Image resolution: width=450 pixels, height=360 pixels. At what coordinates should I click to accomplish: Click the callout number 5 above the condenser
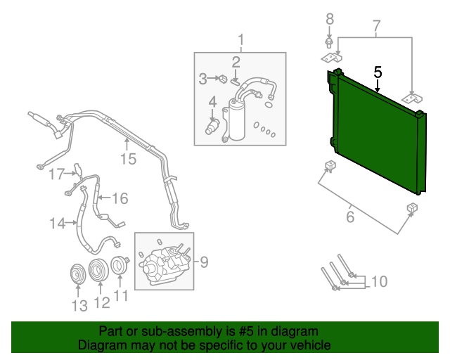tap(378, 72)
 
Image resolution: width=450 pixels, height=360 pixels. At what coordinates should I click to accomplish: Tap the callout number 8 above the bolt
tap(330, 19)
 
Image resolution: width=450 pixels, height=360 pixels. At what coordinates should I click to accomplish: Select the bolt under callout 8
tap(329, 43)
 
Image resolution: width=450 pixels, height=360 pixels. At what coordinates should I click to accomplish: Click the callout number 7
tap(376, 26)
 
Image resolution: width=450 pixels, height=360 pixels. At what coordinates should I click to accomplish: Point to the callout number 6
tap(350, 217)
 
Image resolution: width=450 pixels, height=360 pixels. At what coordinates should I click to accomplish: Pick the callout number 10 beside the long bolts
tap(380, 282)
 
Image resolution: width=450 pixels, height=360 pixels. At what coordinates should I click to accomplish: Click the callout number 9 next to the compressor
tap(204, 262)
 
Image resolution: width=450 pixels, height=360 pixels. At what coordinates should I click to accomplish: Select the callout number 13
tap(79, 305)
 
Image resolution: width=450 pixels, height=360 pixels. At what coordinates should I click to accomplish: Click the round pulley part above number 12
tap(98, 271)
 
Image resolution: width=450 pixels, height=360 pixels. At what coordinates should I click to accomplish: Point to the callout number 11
tap(121, 296)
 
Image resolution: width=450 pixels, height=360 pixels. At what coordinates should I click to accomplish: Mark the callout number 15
tap(128, 159)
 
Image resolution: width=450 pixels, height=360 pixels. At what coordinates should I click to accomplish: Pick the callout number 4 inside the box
tap(212, 102)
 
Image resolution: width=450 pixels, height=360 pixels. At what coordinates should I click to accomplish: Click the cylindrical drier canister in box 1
tap(237, 120)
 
